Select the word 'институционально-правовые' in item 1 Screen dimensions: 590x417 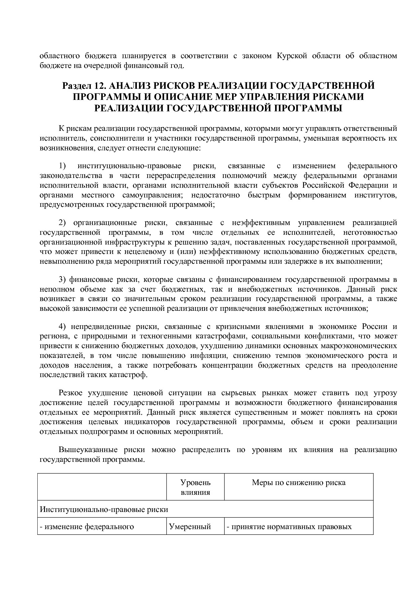(129, 166)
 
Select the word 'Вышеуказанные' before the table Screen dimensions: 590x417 (88, 450)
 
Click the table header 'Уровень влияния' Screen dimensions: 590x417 (195, 487)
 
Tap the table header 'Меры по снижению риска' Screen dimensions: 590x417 (299, 483)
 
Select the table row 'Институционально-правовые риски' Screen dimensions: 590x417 (104, 509)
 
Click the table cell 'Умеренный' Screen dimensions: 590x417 (190, 526)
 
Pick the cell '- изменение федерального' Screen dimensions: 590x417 (87, 526)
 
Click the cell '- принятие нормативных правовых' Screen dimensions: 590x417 (289, 526)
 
